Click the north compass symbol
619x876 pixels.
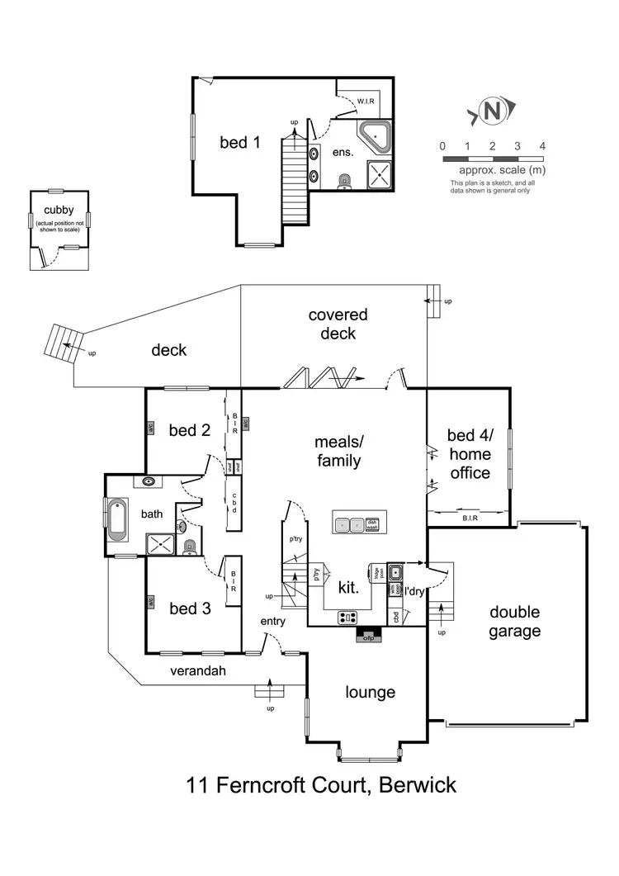[493, 112]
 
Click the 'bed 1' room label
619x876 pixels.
[240, 142]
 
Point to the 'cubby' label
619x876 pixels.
[59, 211]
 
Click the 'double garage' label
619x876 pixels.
[515, 622]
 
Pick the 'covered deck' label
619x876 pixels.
[338, 324]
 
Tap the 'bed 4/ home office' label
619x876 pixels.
[468, 454]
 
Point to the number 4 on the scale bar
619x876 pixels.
[542, 146]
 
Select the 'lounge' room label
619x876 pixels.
[371, 692]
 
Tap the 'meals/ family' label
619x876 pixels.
[338, 451]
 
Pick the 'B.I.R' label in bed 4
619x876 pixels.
[468, 519]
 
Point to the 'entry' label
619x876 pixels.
[272, 621]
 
